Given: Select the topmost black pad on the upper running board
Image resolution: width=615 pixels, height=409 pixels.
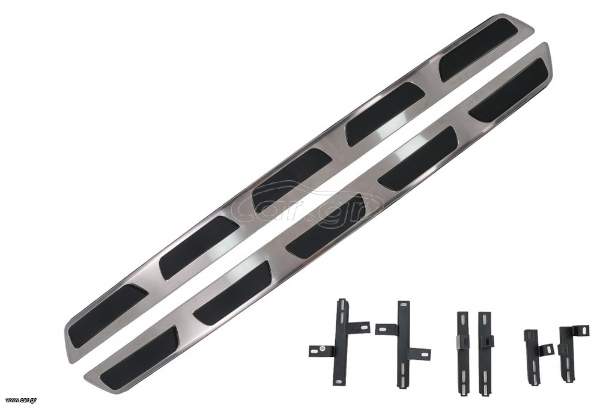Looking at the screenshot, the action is (486, 48).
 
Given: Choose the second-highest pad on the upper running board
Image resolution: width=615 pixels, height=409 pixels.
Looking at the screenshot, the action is (386, 114).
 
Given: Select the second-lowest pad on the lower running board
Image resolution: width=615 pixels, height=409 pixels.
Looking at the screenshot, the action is (233, 292).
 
